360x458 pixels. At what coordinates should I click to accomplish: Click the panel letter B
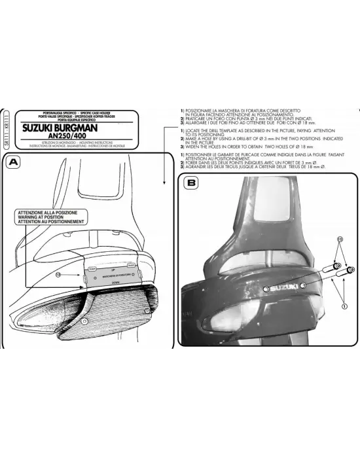(190, 184)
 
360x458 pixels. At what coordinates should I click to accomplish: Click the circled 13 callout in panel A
(58, 274)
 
